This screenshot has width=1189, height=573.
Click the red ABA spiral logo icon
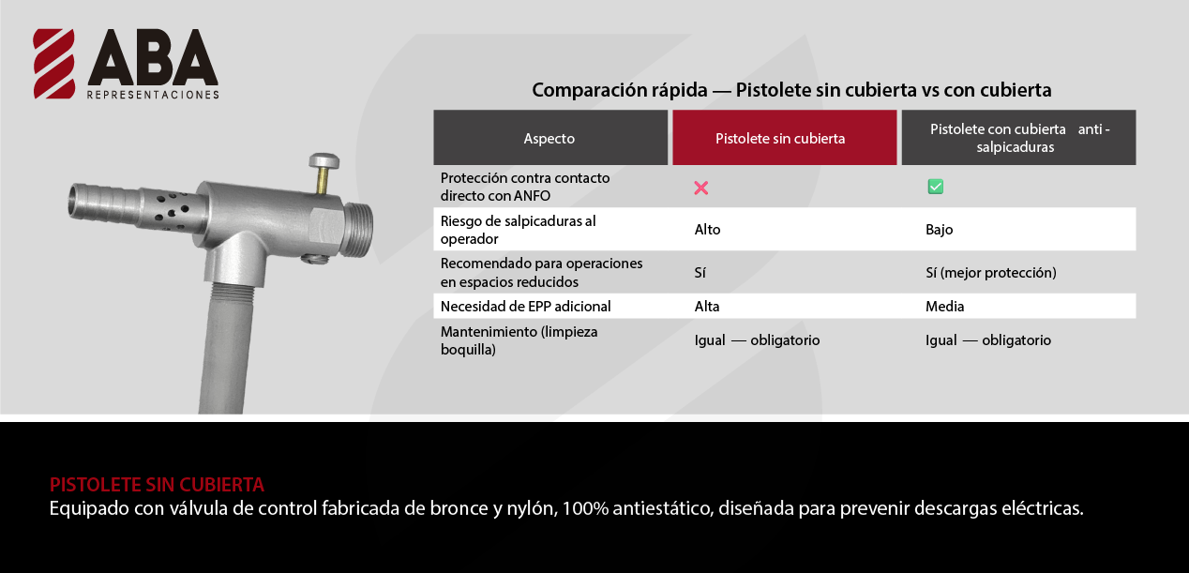click(x=53, y=64)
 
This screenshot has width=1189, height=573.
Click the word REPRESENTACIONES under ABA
click(x=153, y=95)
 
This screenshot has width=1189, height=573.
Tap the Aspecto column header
click(x=549, y=138)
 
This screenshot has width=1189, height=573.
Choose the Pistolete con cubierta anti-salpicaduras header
click(x=1019, y=138)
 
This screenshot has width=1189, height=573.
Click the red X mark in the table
click(x=701, y=188)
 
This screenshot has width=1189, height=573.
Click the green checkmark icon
click(x=935, y=187)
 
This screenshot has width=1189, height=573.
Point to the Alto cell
click(x=708, y=230)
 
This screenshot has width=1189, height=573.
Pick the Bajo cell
click(x=939, y=230)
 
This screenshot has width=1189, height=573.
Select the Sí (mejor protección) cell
click(x=991, y=272)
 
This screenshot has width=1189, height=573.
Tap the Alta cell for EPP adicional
click(x=707, y=307)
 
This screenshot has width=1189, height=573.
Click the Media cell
click(x=945, y=307)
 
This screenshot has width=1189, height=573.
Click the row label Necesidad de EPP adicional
click(x=525, y=307)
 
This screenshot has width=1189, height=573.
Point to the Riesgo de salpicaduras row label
click(x=518, y=230)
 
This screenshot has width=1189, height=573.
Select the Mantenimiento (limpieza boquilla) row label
click(x=519, y=340)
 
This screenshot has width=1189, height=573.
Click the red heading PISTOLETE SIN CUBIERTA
click(x=157, y=484)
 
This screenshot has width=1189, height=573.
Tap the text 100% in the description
click(x=585, y=508)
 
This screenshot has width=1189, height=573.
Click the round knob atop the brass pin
click(x=324, y=160)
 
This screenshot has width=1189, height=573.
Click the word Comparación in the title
click(x=620, y=90)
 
